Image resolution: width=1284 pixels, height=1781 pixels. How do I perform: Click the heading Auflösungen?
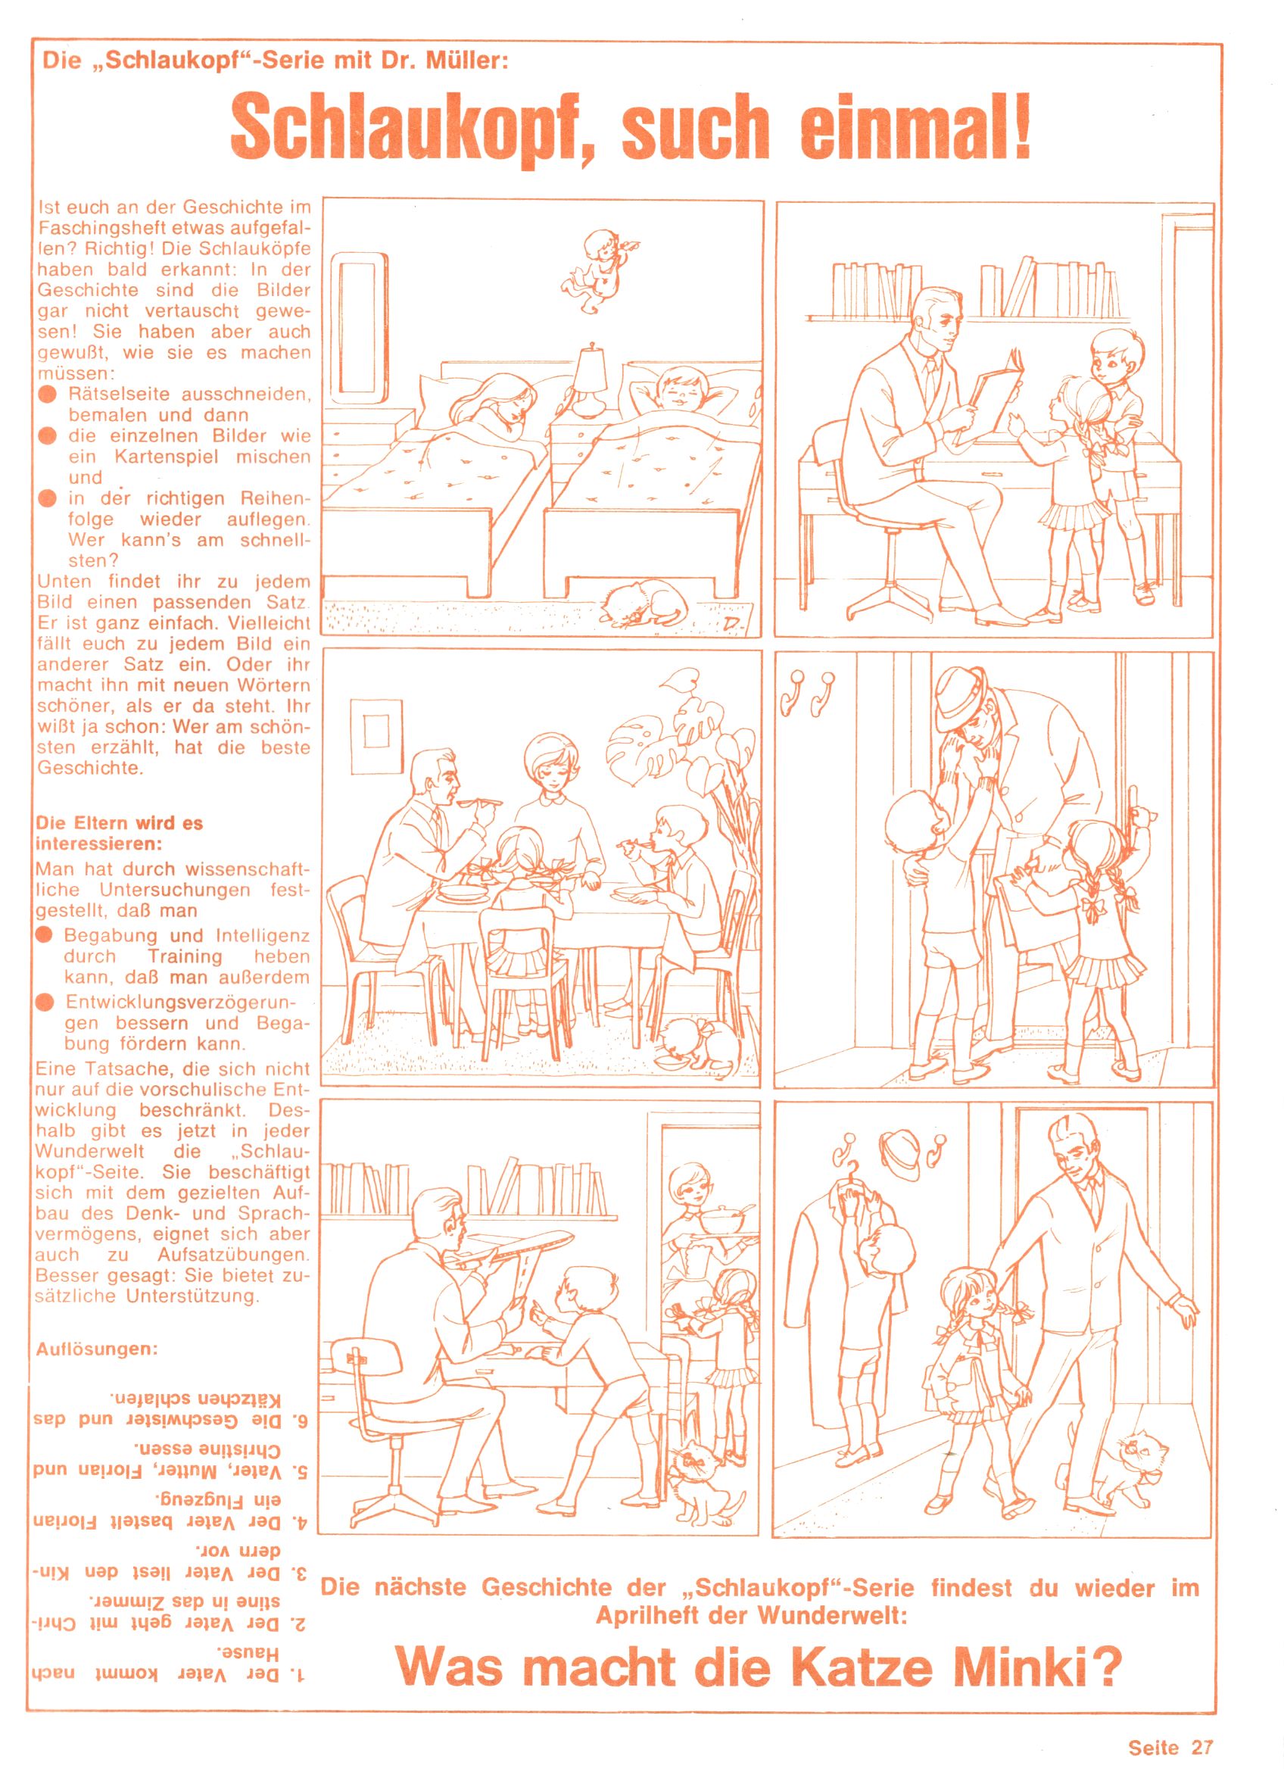[x=98, y=1350]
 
